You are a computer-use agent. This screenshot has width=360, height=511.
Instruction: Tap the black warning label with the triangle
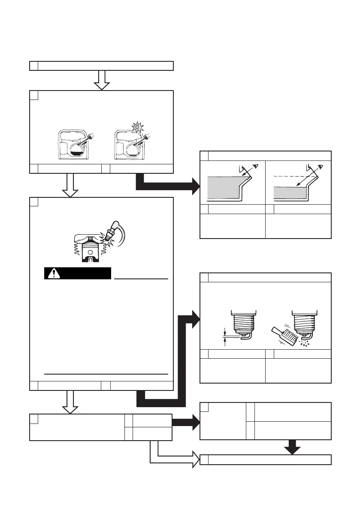tap(78, 273)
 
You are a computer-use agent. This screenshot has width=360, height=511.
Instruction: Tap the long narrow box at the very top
tap(101, 66)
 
